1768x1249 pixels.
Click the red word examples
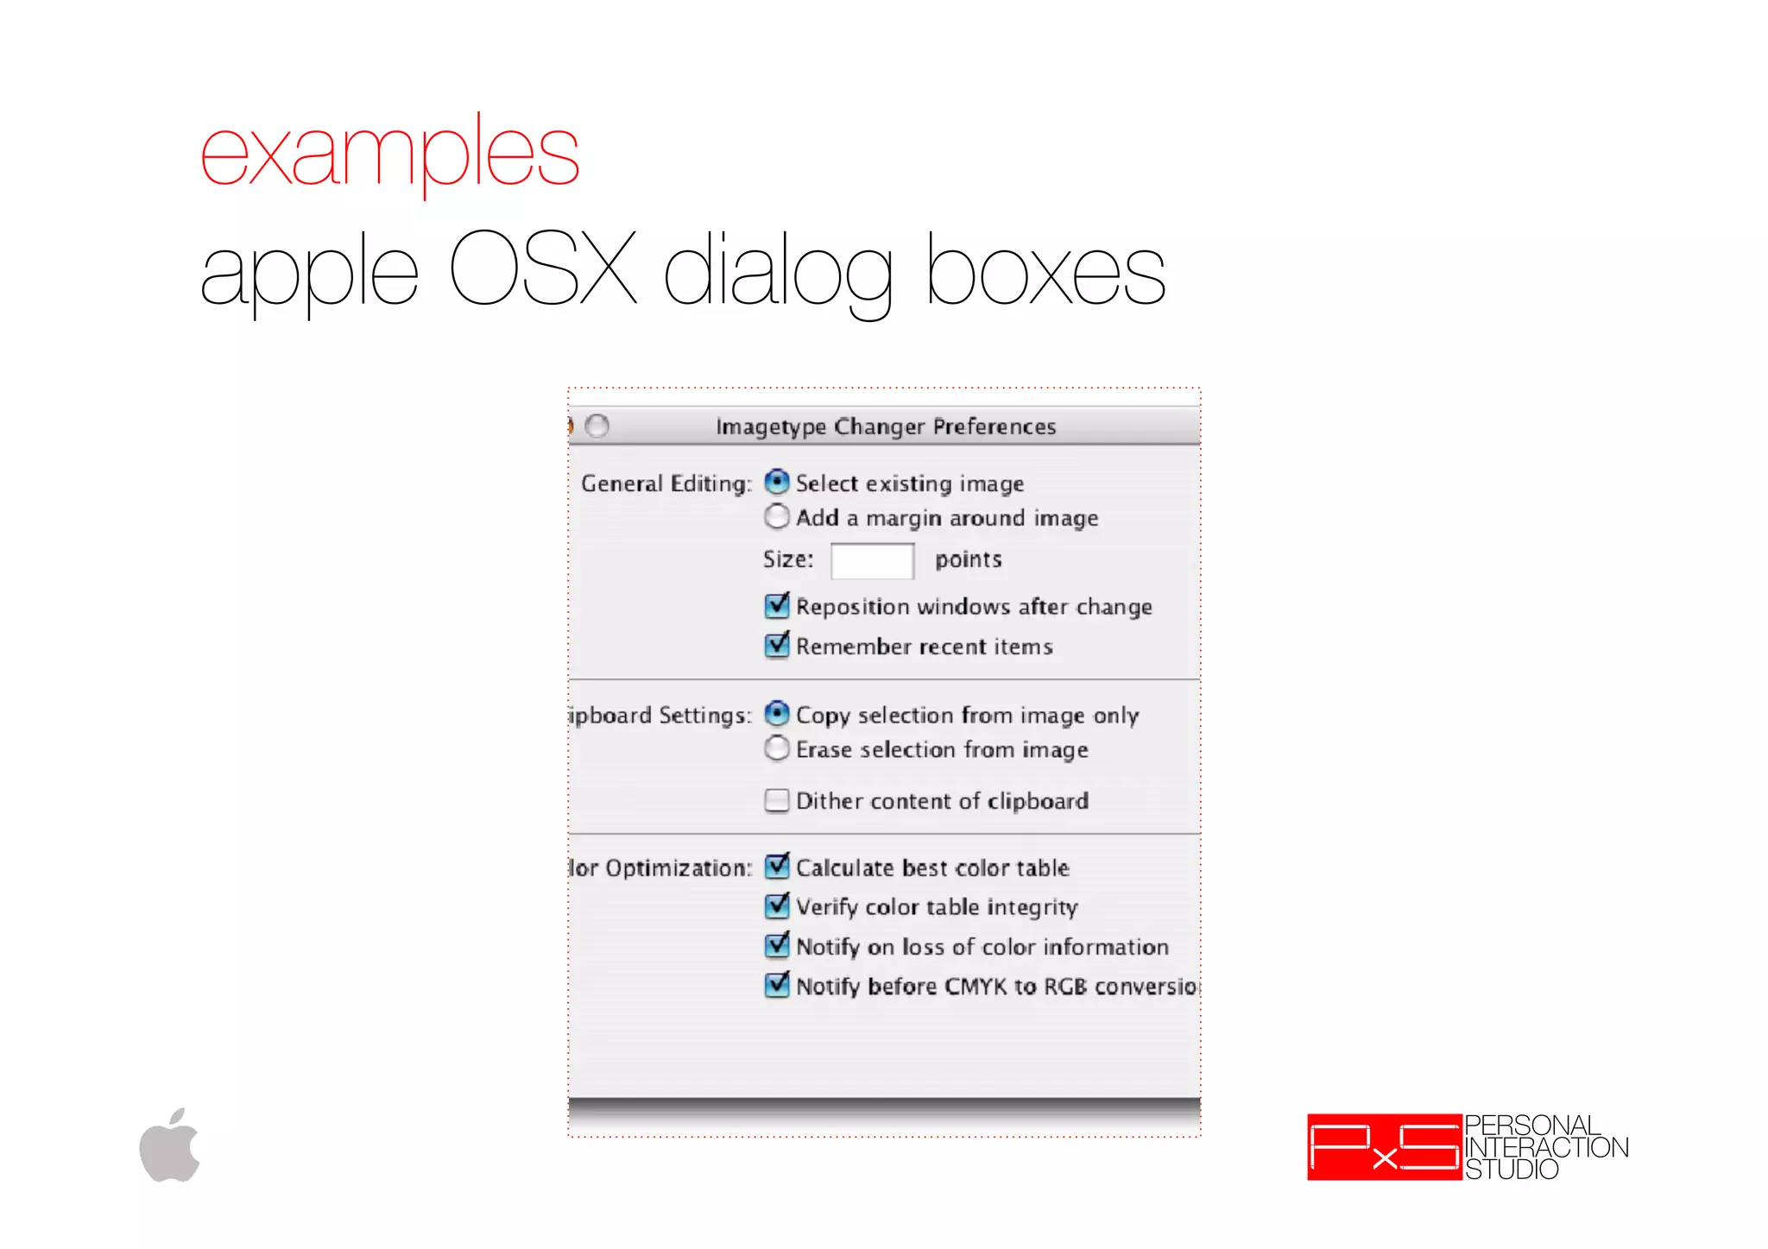click(x=389, y=154)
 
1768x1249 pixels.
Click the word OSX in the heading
click(x=543, y=269)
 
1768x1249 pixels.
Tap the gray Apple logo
click(x=170, y=1145)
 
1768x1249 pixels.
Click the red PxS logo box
click(x=1384, y=1147)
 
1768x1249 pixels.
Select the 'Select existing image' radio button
click(x=777, y=482)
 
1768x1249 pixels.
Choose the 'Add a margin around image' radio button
click(x=777, y=516)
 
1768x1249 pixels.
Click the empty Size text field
click(x=872, y=560)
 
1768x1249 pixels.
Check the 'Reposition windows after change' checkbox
click(x=777, y=605)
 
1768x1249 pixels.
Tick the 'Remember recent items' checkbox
click(x=777, y=645)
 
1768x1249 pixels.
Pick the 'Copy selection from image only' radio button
click(x=777, y=714)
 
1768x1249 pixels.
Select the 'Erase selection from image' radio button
click(x=777, y=748)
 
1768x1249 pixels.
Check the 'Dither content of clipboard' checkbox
click(x=777, y=800)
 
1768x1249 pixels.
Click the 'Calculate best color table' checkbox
click(x=777, y=866)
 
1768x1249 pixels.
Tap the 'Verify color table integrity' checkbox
click(x=777, y=905)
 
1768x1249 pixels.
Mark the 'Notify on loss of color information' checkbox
click(x=777, y=945)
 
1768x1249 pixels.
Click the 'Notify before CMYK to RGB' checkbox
click(x=777, y=985)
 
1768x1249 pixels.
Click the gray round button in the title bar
click(x=597, y=426)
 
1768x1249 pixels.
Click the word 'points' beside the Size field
click(x=969, y=559)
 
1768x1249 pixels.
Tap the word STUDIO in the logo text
click(x=1512, y=1170)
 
